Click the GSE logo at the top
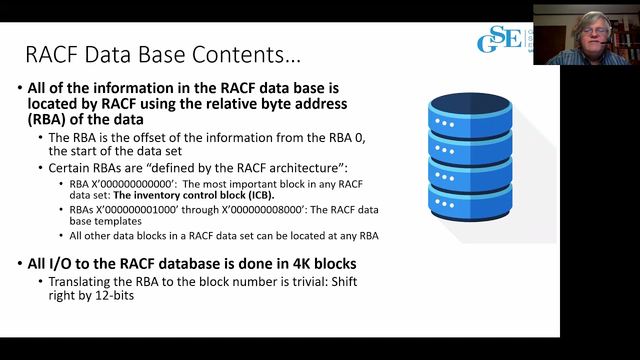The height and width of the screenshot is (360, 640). click(500, 39)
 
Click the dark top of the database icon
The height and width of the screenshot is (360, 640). click(470, 103)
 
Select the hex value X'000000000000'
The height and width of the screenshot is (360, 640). click(134, 184)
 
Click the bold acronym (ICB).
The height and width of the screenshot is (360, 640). click(261, 195)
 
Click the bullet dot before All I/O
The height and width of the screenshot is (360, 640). click(20, 263)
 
